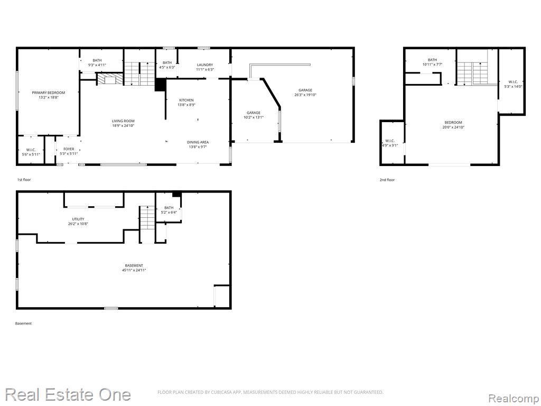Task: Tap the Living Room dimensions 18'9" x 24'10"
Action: pos(123,126)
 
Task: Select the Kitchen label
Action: pos(186,100)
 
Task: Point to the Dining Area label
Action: pos(198,142)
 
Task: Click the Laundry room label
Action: pos(205,64)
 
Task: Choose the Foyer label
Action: pos(69,149)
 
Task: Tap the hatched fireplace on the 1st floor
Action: pos(110,79)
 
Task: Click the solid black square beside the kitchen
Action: pos(160,85)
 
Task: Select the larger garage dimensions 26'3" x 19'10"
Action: pos(305,95)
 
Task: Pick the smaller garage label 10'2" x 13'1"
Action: pos(254,115)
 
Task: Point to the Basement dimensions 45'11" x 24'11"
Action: pos(134,270)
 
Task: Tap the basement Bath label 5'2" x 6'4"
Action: pos(169,210)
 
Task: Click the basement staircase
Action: pos(147,224)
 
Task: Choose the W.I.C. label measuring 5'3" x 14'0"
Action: pos(513,84)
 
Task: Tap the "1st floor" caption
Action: pos(24,180)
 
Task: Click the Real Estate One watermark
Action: pos(68,394)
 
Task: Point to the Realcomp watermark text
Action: pos(514,399)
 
